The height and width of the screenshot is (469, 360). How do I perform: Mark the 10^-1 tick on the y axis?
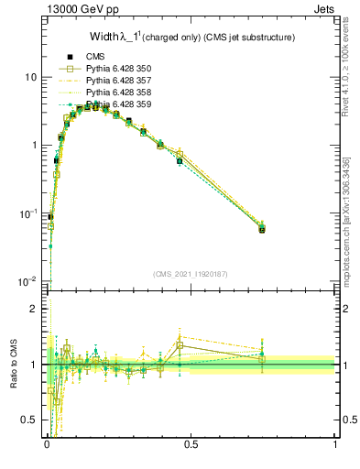click(x=28, y=213)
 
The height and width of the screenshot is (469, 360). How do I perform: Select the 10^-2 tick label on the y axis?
click(x=28, y=281)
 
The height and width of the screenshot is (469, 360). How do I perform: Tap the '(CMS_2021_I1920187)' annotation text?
click(x=191, y=274)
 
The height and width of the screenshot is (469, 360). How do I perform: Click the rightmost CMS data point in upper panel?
click(x=262, y=229)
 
